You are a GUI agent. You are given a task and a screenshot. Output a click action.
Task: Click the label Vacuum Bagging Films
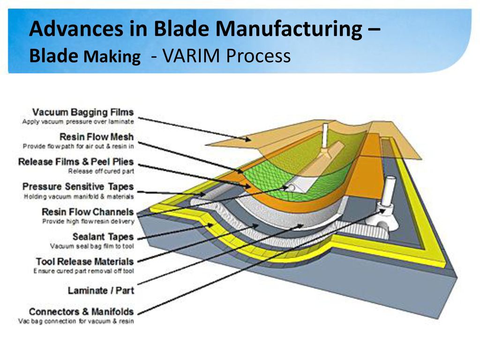click(x=83, y=112)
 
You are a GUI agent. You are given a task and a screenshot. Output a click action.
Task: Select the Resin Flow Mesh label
click(x=97, y=137)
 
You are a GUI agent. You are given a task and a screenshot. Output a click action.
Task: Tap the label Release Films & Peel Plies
click(x=76, y=162)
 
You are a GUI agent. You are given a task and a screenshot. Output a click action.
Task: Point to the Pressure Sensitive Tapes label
click(x=78, y=187)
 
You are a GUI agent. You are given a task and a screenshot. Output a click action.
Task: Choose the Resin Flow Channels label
click(x=88, y=211)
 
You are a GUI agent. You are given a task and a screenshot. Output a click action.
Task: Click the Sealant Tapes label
click(x=103, y=237)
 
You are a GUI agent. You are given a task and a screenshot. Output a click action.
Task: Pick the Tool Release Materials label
click(x=85, y=262)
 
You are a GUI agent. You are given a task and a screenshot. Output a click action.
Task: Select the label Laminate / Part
click(x=101, y=290)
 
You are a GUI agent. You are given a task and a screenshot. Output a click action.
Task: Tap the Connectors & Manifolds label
click(x=82, y=312)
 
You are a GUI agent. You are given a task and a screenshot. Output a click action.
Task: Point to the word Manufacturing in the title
click(x=289, y=30)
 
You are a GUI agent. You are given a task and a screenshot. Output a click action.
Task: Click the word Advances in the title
click(x=76, y=29)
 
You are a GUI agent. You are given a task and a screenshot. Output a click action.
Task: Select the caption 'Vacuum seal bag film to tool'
click(x=92, y=246)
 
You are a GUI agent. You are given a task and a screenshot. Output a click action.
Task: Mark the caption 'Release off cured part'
click(x=101, y=171)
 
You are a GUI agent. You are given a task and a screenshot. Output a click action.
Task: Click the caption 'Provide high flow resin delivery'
click(x=88, y=221)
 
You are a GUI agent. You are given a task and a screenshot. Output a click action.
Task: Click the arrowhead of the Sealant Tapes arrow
click(x=210, y=225)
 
